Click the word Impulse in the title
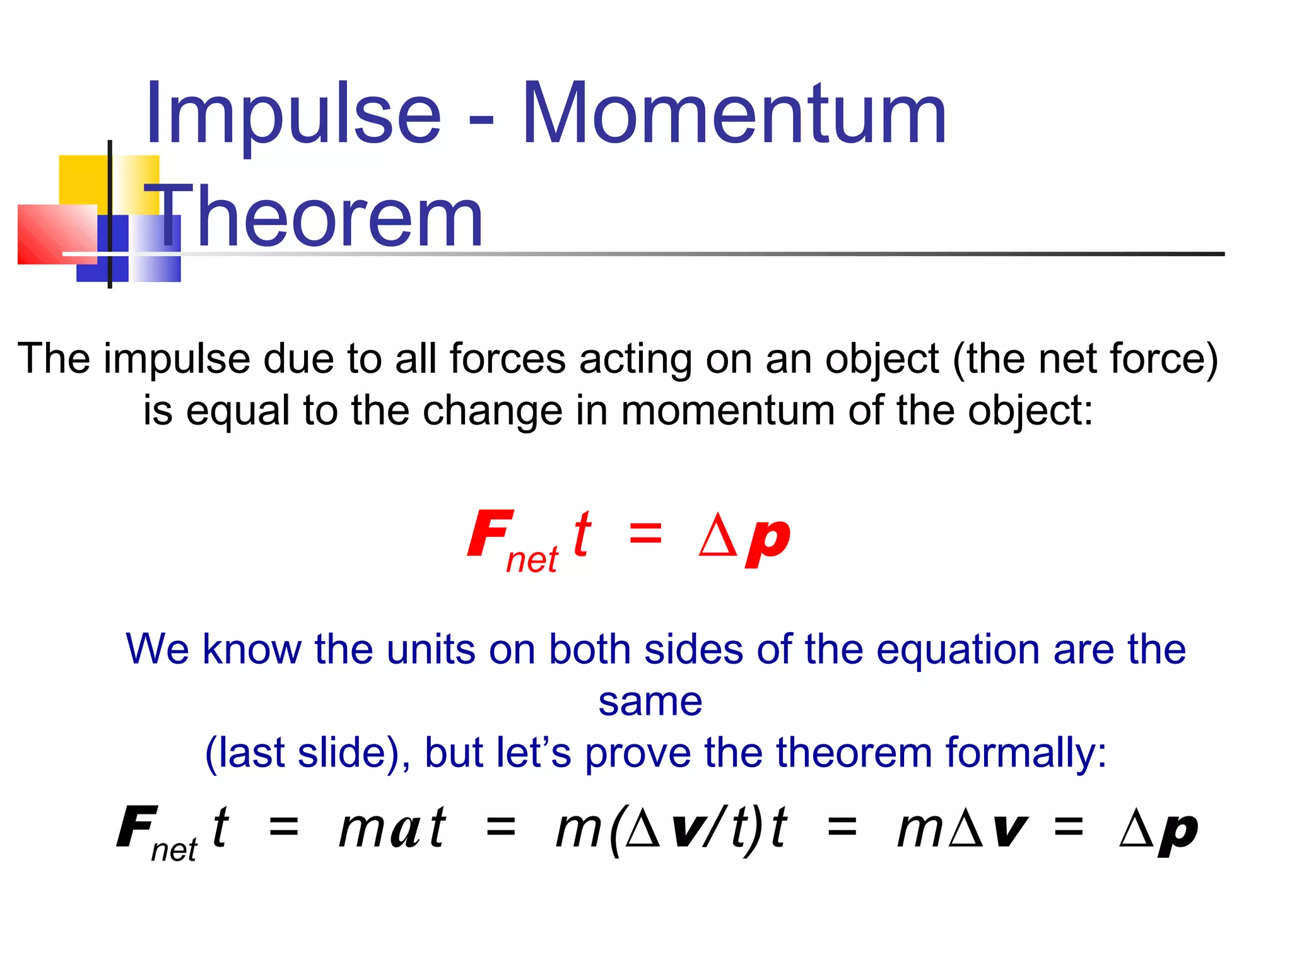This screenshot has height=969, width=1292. [293, 114]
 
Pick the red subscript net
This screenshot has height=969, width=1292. [532, 560]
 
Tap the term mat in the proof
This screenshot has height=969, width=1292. [392, 828]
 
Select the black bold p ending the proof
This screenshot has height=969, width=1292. [1177, 833]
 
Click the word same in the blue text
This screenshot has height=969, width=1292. [650, 702]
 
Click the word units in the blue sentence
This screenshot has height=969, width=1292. [430, 649]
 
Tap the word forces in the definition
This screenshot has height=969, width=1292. [507, 359]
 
